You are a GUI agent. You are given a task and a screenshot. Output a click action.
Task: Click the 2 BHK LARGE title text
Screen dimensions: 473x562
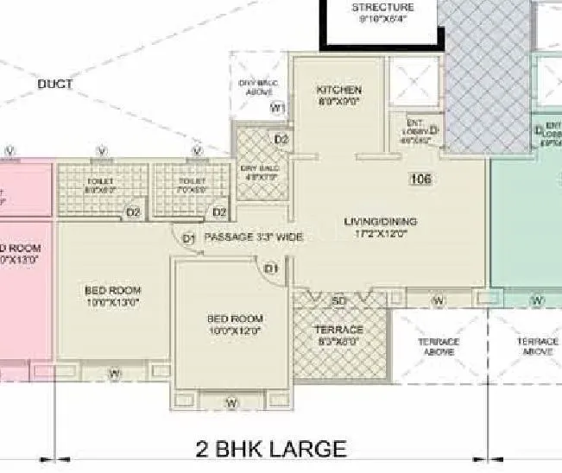point(271,449)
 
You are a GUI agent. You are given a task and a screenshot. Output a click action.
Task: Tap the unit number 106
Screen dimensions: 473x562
point(421,180)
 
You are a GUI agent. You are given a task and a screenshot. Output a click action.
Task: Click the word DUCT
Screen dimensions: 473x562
point(55,85)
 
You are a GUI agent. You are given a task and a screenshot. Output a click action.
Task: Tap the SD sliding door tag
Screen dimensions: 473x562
point(339,300)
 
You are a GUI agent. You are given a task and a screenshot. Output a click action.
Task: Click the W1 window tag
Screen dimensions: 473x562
point(277,107)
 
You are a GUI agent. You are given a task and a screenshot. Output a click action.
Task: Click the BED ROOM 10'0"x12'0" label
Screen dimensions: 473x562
point(234,324)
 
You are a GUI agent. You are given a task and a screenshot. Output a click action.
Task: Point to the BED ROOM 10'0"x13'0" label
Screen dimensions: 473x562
point(112,295)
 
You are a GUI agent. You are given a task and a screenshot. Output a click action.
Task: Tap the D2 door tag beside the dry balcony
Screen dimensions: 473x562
point(281,139)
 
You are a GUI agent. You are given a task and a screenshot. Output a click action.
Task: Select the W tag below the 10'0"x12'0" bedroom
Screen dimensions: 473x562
point(231,403)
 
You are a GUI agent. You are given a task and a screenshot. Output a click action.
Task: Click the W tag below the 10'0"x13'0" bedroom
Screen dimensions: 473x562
point(114,373)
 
